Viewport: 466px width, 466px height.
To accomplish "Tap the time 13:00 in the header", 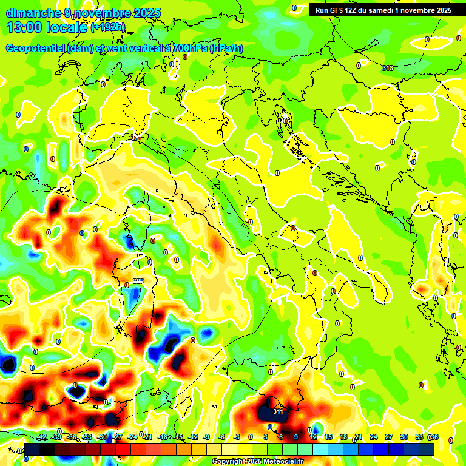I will (25, 27).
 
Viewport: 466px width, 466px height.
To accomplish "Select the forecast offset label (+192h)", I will (107, 27).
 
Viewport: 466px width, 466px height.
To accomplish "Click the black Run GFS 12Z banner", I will (383, 10).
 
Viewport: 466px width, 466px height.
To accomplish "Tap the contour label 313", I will (387, 68).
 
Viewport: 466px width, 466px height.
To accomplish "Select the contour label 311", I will (278, 412).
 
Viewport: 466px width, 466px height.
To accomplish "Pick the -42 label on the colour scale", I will (41, 437).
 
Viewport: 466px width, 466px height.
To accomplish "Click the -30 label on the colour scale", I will (102, 437).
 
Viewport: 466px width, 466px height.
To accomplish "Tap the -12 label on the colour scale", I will (193, 437).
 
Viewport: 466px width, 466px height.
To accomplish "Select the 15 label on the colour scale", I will (328, 437).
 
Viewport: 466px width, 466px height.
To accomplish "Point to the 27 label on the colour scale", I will (388, 437).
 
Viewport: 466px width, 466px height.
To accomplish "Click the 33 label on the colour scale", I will (419, 437).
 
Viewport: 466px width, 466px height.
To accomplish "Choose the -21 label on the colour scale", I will (147, 437).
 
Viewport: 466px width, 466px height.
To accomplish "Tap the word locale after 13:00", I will (69, 27).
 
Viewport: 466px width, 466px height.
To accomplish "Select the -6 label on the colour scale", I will (223, 437).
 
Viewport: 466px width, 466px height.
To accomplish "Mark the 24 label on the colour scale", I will (373, 437).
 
